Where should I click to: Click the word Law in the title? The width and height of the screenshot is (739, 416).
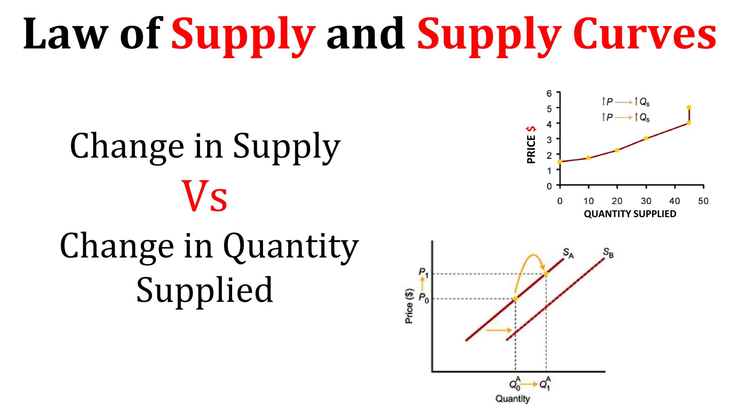tap(65, 34)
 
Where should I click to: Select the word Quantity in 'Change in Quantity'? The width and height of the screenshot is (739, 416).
tap(291, 246)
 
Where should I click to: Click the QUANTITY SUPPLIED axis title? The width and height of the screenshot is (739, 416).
tap(630, 214)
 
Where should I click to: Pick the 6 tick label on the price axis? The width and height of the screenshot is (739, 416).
tap(549, 94)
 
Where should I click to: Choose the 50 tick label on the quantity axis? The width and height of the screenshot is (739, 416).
tap(703, 201)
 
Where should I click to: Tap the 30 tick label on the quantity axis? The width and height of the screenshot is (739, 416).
tap(646, 201)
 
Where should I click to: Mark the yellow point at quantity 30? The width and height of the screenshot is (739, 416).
tap(646, 138)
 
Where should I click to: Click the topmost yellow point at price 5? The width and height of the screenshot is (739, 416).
tap(689, 107)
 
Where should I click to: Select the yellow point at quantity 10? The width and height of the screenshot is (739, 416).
tap(588, 158)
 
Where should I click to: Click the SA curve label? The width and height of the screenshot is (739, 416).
tap(568, 253)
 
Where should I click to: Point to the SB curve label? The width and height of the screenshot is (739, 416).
tap(608, 253)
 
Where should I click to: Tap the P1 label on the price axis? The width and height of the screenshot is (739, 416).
tap(423, 273)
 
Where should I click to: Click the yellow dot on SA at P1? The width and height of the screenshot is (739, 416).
tap(546, 274)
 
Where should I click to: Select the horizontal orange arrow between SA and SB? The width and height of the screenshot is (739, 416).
tap(499, 330)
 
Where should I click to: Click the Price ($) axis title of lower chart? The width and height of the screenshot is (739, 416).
tap(409, 306)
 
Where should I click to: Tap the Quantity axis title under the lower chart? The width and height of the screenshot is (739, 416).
tap(512, 399)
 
